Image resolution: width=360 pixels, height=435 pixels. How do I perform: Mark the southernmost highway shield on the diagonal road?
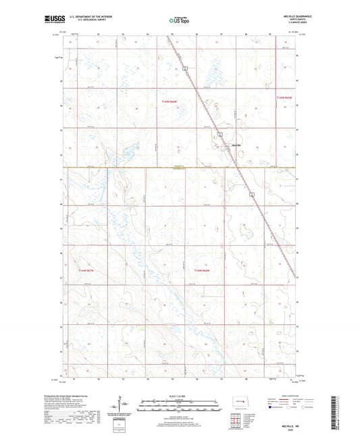[252, 195]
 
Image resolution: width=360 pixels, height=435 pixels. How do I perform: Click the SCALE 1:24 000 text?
[180, 396]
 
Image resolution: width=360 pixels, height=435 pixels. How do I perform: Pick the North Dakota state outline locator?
[237, 407]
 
